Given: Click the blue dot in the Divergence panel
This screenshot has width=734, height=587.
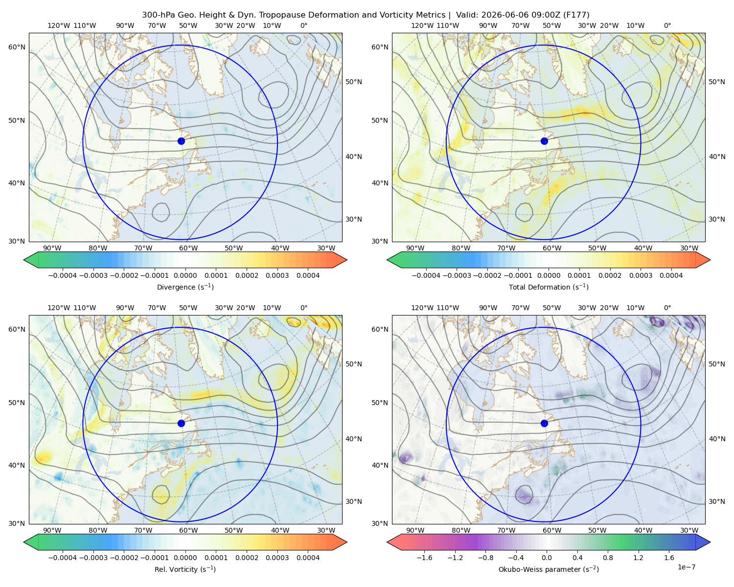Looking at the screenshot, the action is tap(181, 141).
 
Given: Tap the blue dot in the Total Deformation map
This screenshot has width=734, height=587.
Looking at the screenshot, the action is tap(544, 141).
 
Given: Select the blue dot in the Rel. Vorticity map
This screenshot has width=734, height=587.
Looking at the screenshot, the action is tap(181, 423).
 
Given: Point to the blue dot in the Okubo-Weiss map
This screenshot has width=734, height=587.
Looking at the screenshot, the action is tap(544, 423).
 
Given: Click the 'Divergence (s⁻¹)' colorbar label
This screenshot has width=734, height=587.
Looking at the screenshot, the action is tap(185, 287).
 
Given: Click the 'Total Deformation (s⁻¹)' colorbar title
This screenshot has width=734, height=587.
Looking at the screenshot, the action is tap(549, 287).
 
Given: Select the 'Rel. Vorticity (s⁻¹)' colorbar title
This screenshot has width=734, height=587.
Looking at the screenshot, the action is tap(185, 569).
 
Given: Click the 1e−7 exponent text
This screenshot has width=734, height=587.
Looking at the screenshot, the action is tap(686, 567).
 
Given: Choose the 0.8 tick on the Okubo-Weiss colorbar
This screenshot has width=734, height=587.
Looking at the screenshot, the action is tap(608, 557).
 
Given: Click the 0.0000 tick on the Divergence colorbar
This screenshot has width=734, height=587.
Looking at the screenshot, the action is tap(185, 275).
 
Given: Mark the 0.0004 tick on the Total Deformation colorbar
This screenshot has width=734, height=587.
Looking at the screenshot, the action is tap(671, 275).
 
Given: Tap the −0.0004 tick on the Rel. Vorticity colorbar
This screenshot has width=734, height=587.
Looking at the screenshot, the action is tap(63, 557).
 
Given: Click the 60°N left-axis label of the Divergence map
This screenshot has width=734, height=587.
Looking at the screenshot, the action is tap(17, 47).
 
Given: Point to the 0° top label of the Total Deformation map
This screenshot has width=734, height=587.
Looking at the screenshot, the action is tap(667, 25).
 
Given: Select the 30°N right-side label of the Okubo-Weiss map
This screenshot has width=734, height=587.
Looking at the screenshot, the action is tap(717, 501).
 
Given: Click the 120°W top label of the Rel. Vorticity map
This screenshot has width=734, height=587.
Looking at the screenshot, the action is tap(59, 307).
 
